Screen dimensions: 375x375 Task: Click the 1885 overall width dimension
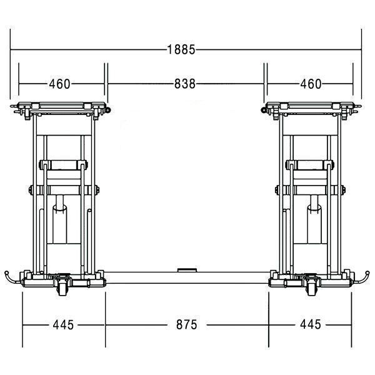click(181, 50)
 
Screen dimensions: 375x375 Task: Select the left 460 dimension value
click(59, 84)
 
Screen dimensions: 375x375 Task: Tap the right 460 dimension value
click(311, 84)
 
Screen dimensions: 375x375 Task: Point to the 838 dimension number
click(185, 84)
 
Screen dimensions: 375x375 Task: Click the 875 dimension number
click(186, 325)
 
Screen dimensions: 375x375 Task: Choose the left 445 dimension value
click(63, 325)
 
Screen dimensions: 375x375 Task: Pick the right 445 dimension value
click(311, 324)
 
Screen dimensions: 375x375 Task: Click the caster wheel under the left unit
click(62, 289)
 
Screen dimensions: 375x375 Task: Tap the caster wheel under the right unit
click(312, 289)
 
